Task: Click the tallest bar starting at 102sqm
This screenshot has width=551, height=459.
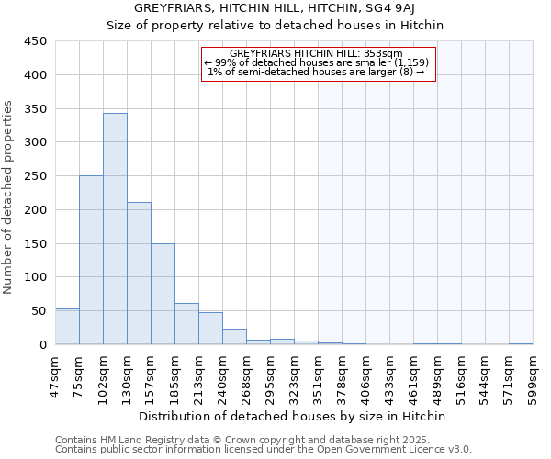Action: tap(115, 229)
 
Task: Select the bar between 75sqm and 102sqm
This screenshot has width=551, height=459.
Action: tap(91, 260)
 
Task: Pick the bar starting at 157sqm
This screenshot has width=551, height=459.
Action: tap(163, 294)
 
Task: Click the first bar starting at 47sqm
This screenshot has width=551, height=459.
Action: tap(67, 327)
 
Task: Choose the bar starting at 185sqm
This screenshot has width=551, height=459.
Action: tap(186, 324)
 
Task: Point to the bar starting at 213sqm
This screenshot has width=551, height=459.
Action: tap(210, 329)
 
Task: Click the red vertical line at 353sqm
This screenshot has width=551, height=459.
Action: tap(320, 202)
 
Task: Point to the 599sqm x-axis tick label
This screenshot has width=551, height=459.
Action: tap(533, 375)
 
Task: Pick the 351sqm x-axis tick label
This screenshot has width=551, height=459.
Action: tap(318, 375)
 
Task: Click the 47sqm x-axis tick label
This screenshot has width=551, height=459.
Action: tap(55, 374)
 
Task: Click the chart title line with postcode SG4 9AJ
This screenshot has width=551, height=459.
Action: tap(287, 7)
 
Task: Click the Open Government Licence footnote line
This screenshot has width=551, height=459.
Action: tap(264, 450)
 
